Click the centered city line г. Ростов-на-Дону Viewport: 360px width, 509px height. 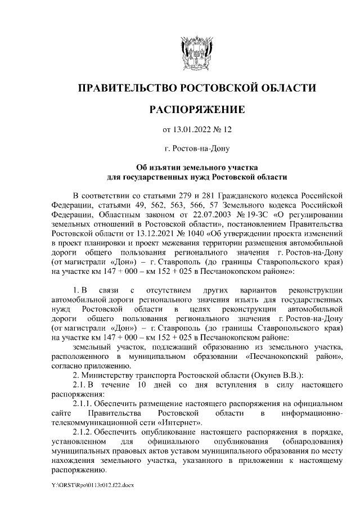pos(196,149)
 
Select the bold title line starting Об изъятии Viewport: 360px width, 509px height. pos(196,168)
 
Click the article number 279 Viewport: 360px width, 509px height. pos(183,195)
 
